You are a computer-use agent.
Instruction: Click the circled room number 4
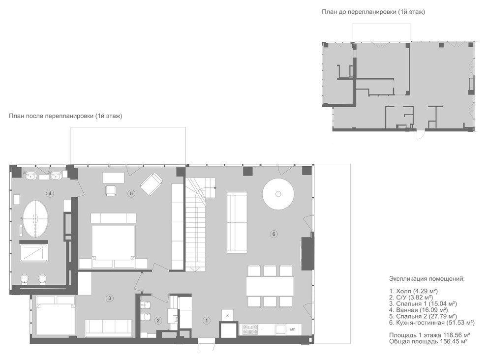point(50,193)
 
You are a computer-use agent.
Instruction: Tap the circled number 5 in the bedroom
point(131,193)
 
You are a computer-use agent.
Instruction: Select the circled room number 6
point(274,234)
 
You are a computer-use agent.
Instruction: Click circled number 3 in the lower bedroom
point(109,298)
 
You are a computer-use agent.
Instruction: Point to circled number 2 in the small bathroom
point(158,320)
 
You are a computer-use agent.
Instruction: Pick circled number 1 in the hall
point(206,320)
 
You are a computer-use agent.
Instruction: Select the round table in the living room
point(278,194)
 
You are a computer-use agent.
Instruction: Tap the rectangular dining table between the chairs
point(270,286)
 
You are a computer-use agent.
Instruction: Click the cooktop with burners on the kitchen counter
point(250,330)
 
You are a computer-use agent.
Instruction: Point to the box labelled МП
point(293,330)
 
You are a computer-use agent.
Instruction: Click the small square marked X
point(228,315)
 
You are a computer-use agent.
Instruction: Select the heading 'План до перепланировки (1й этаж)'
point(373,12)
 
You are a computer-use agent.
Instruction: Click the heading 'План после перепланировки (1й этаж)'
point(65,116)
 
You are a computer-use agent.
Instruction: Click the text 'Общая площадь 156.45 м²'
point(428,341)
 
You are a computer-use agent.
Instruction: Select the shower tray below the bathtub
point(33,253)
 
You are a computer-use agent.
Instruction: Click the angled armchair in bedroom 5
point(151,184)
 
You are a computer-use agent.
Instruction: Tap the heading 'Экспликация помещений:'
point(427,279)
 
